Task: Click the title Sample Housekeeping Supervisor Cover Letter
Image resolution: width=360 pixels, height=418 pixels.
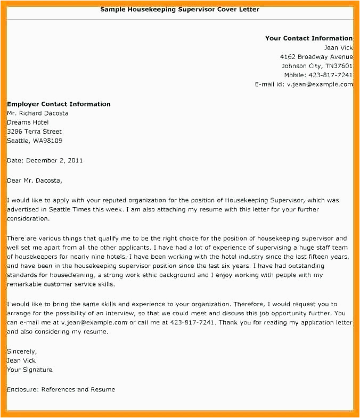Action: click(180, 10)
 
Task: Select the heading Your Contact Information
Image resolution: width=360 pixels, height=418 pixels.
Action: click(308, 38)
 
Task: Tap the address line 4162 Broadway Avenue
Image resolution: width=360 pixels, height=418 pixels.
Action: click(316, 57)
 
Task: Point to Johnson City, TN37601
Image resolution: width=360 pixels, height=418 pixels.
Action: click(317, 66)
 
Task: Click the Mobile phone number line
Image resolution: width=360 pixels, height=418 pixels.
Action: click(318, 75)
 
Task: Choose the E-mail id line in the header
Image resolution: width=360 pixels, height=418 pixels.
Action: click(304, 84)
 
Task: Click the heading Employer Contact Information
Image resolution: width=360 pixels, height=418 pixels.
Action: click(59, 104)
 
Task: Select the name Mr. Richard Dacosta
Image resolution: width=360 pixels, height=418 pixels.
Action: click(37, 113)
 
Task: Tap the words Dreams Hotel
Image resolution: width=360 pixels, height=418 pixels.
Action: click(28, 122)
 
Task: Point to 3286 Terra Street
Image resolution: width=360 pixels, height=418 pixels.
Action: click(34, 132)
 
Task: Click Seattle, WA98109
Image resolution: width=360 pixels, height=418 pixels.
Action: click(35, 141)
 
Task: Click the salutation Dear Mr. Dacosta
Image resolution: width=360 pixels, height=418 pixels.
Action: click(35, 181)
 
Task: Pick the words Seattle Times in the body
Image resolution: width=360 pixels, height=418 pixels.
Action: click(64, 209)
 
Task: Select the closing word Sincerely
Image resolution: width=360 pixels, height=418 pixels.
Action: click(22, 351)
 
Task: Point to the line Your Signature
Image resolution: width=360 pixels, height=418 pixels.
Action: click(30, 370)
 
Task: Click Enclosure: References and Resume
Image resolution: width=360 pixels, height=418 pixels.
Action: click(61, 389)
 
